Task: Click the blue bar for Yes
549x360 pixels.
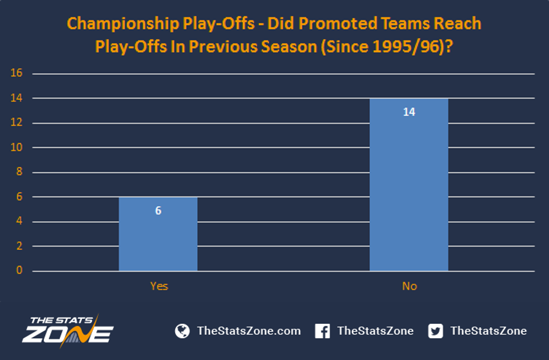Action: point(158,234)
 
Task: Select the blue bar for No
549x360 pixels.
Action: point(409,185)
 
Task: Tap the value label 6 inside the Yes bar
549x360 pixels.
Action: point(159,210)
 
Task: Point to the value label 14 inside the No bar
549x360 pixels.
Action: point(409,112)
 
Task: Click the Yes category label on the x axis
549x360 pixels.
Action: point(159,286)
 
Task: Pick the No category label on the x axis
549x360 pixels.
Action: point(409,286)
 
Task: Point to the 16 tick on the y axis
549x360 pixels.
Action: point(17,73)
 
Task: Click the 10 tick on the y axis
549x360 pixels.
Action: point(17,147)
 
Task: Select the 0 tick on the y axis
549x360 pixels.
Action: point(19,270)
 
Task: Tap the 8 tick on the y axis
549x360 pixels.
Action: point(19,171)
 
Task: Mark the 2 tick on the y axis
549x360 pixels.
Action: point(19,245)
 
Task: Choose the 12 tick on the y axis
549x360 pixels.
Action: point(17,122)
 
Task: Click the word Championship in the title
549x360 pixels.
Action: point(123,24)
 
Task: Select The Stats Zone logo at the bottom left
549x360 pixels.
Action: point(68,330)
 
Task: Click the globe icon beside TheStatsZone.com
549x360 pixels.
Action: point(182,331)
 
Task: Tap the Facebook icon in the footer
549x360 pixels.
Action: point(322,331)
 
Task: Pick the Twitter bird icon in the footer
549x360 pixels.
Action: point(436,331)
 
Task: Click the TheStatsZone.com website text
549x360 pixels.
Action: point(249,331)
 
